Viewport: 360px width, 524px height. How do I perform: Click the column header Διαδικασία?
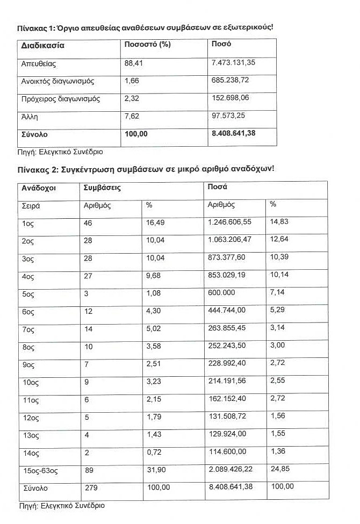(x=42, y=46)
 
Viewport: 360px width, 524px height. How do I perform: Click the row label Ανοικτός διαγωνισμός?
(x=58, y=82)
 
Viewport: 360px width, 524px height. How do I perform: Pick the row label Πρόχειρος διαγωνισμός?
(x=60, y=99)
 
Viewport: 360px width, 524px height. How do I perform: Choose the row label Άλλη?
(x=30, y=117)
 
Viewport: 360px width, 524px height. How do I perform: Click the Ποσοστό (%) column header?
(x=147, y=45)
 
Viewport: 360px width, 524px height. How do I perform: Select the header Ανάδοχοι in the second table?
(x=39, y=188)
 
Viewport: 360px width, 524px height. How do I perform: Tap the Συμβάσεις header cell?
(x=102, y=188)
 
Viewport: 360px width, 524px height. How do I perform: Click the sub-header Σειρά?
(x=31, y=205)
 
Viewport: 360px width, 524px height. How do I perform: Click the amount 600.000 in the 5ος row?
(x=221, y=293)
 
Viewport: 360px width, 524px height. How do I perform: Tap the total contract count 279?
(x=92, y=487)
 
